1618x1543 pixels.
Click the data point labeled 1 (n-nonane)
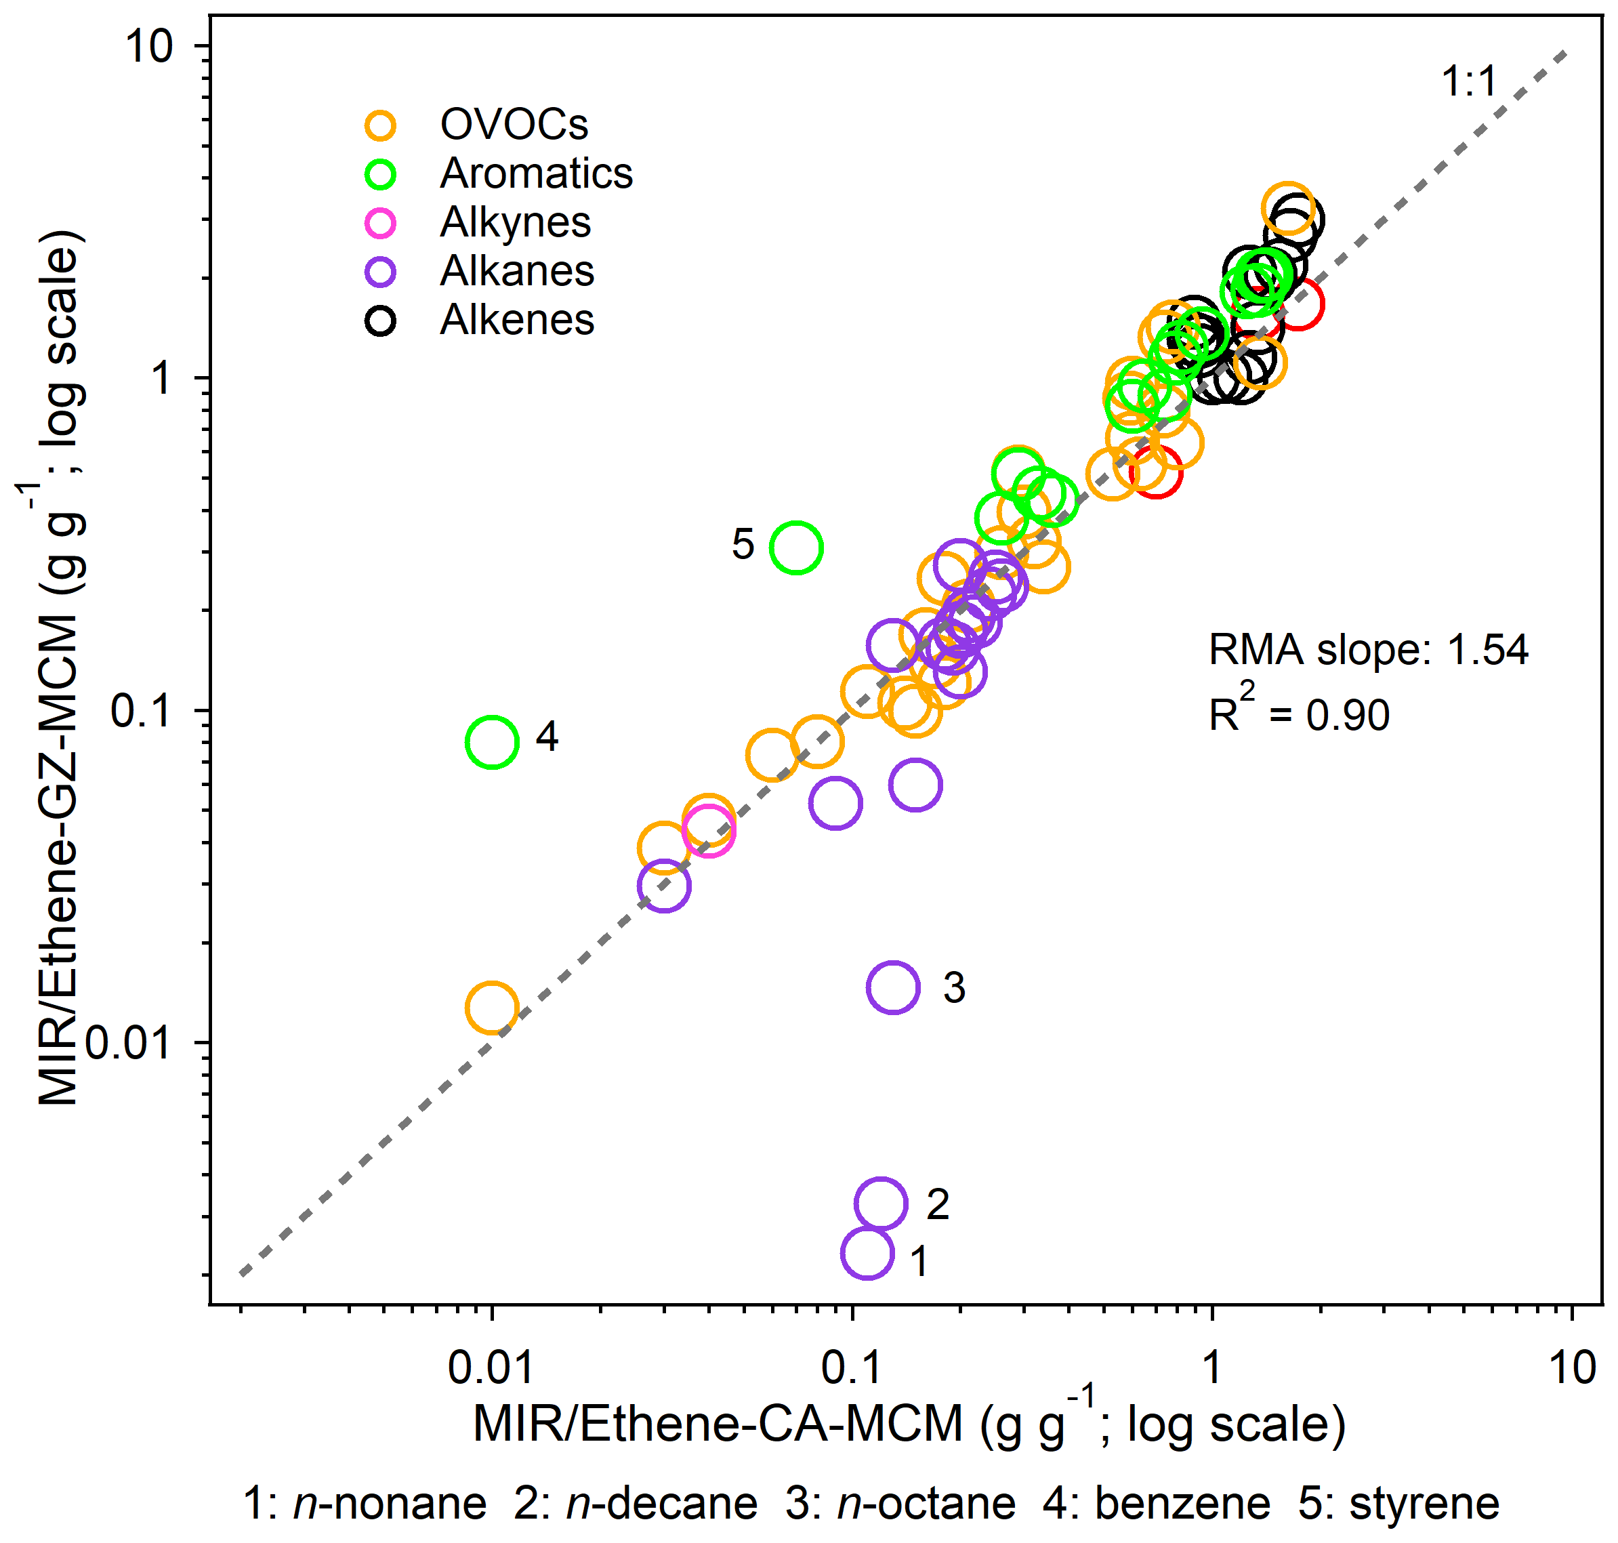[867, 1253]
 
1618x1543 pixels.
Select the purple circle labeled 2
[880, 1203]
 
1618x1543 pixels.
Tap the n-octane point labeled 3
[892, 987]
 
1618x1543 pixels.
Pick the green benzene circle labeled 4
[492, 742]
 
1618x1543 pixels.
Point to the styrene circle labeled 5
[795, 547]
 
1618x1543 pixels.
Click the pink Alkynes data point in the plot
[708, 830]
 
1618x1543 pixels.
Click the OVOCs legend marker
[381, 125]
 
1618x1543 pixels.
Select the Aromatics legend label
[537, 173]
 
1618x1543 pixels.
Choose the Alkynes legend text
[515, 222]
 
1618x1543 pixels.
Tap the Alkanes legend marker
[381, 272]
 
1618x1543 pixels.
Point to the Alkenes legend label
[516, 320]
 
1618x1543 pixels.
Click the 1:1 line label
[1468, 82]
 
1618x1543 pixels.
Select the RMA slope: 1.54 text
[1367, 650]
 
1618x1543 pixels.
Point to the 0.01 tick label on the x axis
[491, 1367]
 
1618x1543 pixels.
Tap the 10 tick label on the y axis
[149, 47]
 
